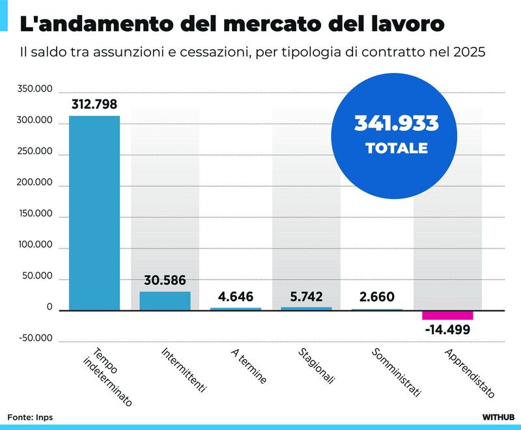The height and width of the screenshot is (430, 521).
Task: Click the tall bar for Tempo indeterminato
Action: (94, 213)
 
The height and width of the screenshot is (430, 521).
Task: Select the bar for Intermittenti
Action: (165, 301)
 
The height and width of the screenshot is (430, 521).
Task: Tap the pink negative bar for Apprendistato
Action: (447, 316)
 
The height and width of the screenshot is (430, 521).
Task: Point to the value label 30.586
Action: (165, 281)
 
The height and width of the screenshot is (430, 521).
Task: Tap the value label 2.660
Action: (376, 297)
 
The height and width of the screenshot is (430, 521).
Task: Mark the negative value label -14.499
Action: (447, 329)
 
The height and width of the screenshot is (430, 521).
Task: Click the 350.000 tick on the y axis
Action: (35, 89)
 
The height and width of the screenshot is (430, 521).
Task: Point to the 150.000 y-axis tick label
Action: (35, 214)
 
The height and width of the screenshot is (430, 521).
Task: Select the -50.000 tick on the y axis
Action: (35, 338)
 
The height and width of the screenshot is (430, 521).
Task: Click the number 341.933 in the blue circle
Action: (396, 123)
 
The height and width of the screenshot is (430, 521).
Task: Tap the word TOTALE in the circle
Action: (396, 148)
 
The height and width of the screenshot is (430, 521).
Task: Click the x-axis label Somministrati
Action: (397, 372)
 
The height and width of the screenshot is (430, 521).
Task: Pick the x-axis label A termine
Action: (249, 366)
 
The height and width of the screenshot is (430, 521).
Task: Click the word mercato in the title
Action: (274, 25)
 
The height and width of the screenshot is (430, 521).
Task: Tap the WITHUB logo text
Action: (498, 416)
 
